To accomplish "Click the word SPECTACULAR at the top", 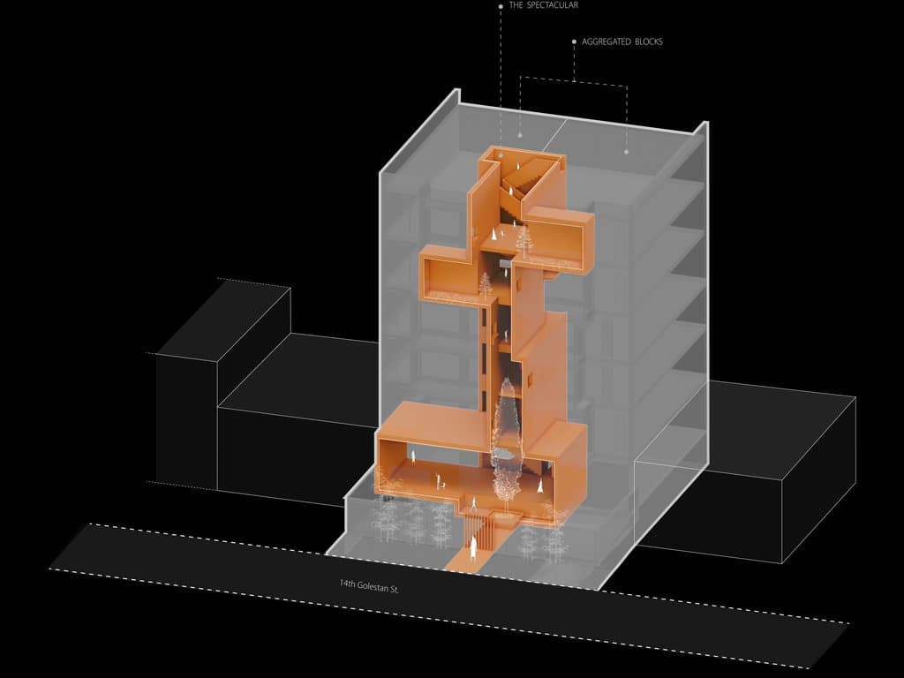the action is click(553, 5).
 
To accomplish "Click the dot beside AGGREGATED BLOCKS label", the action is click(574, 41).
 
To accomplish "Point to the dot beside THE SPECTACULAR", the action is click(501, 6).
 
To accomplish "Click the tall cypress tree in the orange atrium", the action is click(506, 444).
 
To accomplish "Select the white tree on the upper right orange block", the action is click(524, 239).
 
